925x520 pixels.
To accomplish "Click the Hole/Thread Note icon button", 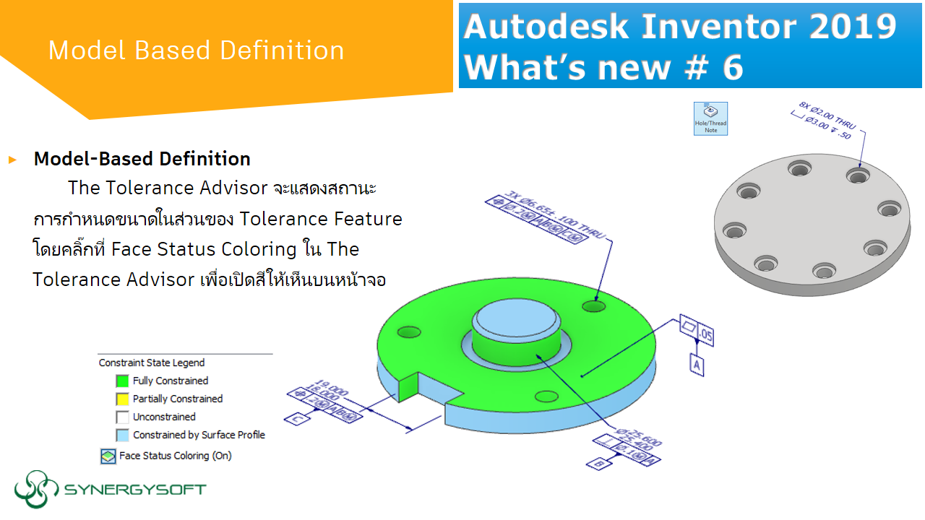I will click(x=710, y=118).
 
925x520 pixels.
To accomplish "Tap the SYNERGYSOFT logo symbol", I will click(x=36, y=490).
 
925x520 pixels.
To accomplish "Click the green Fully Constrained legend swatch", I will click(x=122, y=381).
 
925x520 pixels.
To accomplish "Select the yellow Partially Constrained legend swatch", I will click(x=122, y=399).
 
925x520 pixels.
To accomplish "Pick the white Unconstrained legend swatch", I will click(x=122, y=417).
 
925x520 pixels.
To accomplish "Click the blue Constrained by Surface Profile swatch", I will click(x=122, y=435).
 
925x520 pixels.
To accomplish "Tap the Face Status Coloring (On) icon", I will click(x=108, y=456).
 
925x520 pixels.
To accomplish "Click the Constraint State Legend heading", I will click(x=152, y=363).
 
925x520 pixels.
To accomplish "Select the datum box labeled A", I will click(x=697, y=365).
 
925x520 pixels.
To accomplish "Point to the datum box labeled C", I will click(x=297, y=418).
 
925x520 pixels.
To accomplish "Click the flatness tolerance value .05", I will click(x=706, y=336).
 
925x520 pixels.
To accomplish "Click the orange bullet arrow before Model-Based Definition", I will click(x=12, y=160).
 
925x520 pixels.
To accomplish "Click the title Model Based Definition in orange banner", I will click(x=196, y=51).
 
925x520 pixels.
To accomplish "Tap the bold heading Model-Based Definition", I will click(x=142, y=159).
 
